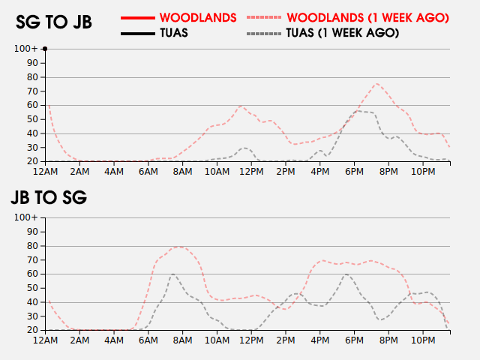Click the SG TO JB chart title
click(x=54, y=22)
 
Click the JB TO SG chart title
click(x=49, y=198)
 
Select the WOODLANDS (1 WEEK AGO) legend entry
click(x=367, y=17)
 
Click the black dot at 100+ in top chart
click(x=45, y=49)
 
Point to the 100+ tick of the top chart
click(x=26, y=49)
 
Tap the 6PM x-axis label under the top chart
click(x=355, y=171)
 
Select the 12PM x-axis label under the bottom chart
click(x=252, y=340)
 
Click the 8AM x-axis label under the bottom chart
click(x=183, y=340)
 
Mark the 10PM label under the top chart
click(x=423, y=171)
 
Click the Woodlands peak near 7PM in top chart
click(x=376, y=83)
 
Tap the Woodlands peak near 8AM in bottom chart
click(x=179, y=246)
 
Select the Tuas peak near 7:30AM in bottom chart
click(x=172, y=274)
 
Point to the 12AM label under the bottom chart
click(x=46, y=340)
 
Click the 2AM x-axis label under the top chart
click(x=80, y=171)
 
